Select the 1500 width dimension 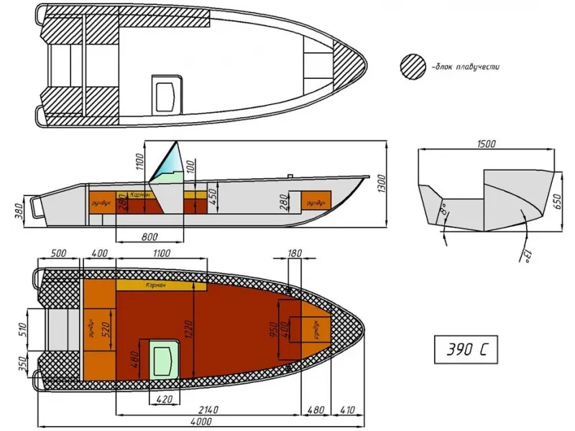coord(487,144)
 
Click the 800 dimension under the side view coord(149,236)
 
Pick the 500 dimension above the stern coord(59,254)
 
